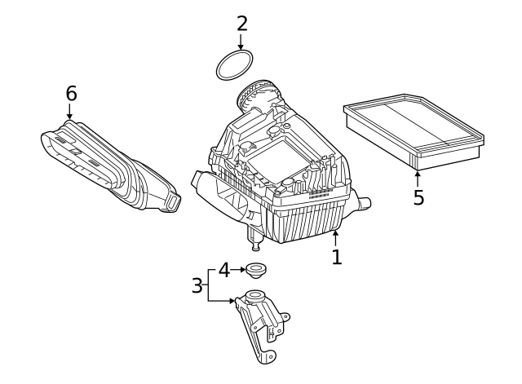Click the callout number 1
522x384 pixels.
(x=336, y=257)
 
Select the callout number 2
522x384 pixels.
(x=241, y=23)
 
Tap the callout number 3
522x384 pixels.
(x=197, y=285)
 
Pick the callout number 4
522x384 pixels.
(x=224, y=269)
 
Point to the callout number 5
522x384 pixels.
(x=418, y=197)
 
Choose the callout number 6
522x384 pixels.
(x=71, y=94)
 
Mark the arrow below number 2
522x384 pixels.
(x=241, y=42)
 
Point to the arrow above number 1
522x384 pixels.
(x=335, y=238)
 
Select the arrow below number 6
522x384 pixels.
(x=69, y=113)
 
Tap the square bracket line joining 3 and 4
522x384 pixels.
(x=209, y=285)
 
